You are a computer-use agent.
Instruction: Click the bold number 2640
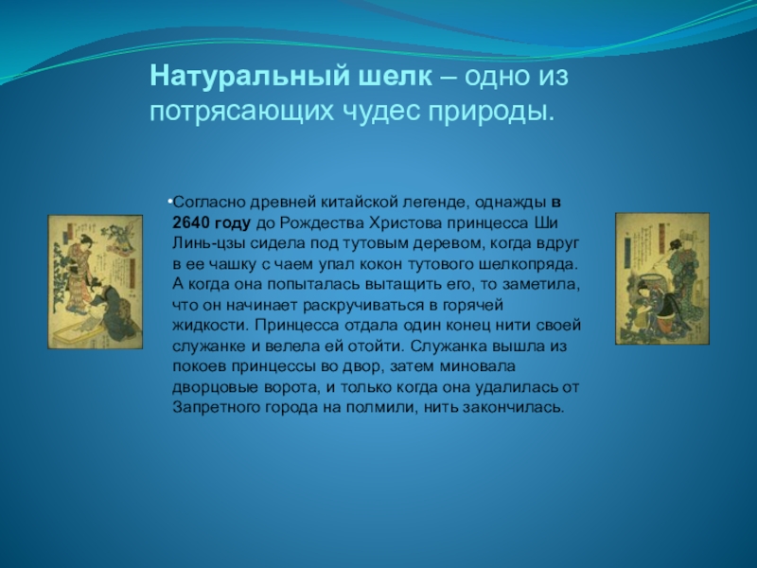pyautogui.click(x=192, y=223)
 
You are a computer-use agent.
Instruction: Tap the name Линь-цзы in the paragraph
pyautogui.click(x=209, y=244)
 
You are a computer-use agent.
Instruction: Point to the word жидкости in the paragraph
pyautogui.click(x=210, y=326)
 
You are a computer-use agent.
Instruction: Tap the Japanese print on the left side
pyautogui.click(x=96, y=282)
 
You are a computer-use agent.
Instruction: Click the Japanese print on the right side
pyautogui.click(x=662, y=278)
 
